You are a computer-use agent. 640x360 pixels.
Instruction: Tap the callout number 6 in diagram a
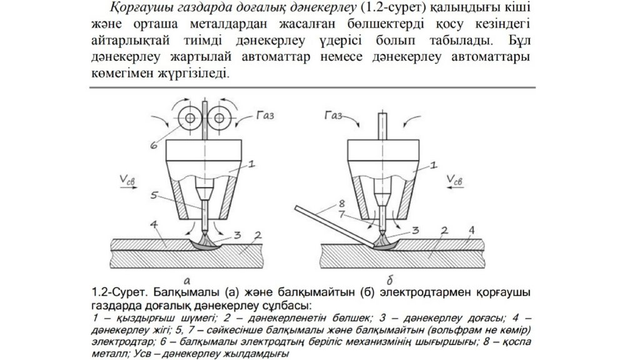pyautogui.click(x=153, y=146)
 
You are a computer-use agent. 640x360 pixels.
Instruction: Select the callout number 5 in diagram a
pyautogui.click(x=153, y=195)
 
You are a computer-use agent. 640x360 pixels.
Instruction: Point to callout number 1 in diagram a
pyautogui.click(x=250, y=165)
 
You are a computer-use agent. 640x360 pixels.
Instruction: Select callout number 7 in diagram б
pyautogui.click(x=341, y=214)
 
